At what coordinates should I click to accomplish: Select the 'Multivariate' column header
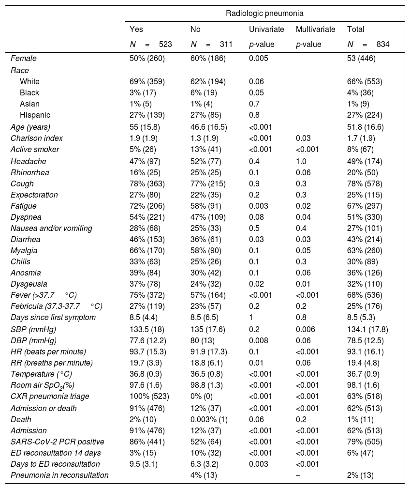tap(315, 30)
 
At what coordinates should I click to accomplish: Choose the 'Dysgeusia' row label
tap(29, 284)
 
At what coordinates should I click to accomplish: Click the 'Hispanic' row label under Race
tap(35, 115)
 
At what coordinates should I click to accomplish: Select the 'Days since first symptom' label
tap(53, 317)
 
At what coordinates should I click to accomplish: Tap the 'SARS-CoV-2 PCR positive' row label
tap(58, 442)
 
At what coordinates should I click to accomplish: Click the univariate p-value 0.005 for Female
tap(259, 58)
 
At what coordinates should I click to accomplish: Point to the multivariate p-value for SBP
tap(306, 329)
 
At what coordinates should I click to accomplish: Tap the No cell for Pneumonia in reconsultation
tap(204, 475)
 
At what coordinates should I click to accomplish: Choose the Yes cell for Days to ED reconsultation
tap(143, 464)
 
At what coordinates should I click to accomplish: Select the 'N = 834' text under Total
tap(368, 45)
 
